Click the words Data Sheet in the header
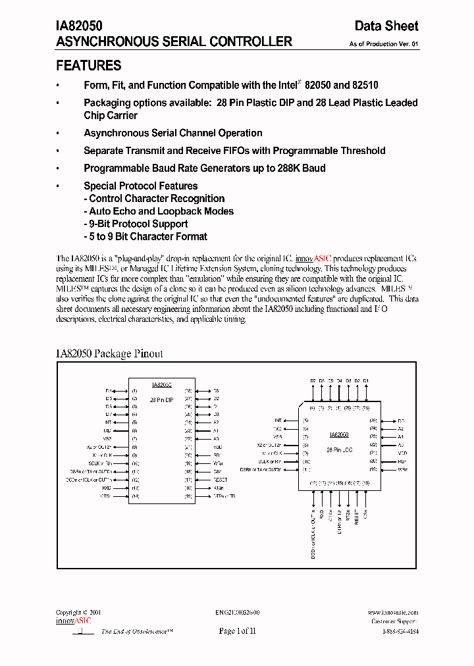pos(386,26)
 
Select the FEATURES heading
pos(89,66)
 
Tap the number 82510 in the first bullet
pos(365,85)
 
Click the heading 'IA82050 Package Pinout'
pos(110,353)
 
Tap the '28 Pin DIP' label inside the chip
pos(161,399)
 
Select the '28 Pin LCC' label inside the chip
pos(339,449)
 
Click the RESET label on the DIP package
pos(220,480)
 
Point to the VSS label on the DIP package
pos(108,438)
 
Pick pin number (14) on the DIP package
pos(135,496)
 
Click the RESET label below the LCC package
pos(356,515)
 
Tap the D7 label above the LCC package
pos(313,381)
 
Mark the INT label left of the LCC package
pos(278,420)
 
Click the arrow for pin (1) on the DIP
pos(122,391)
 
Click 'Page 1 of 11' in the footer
pos(236,630)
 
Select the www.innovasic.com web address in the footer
pos(393,612)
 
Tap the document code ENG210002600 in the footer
pos(237,612)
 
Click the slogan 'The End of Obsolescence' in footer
pos(136,631)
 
